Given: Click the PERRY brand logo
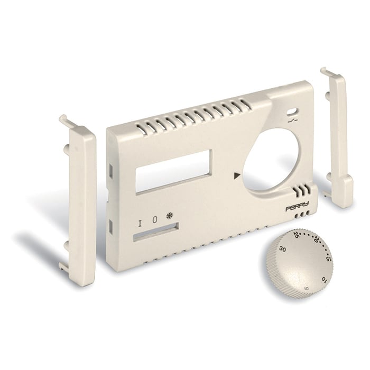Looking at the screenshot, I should [298, 208].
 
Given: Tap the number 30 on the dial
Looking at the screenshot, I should [283, 249].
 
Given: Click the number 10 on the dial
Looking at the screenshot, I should [324, 277].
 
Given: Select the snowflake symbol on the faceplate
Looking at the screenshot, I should [170, 216].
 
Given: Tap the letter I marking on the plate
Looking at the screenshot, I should [140, 223].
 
